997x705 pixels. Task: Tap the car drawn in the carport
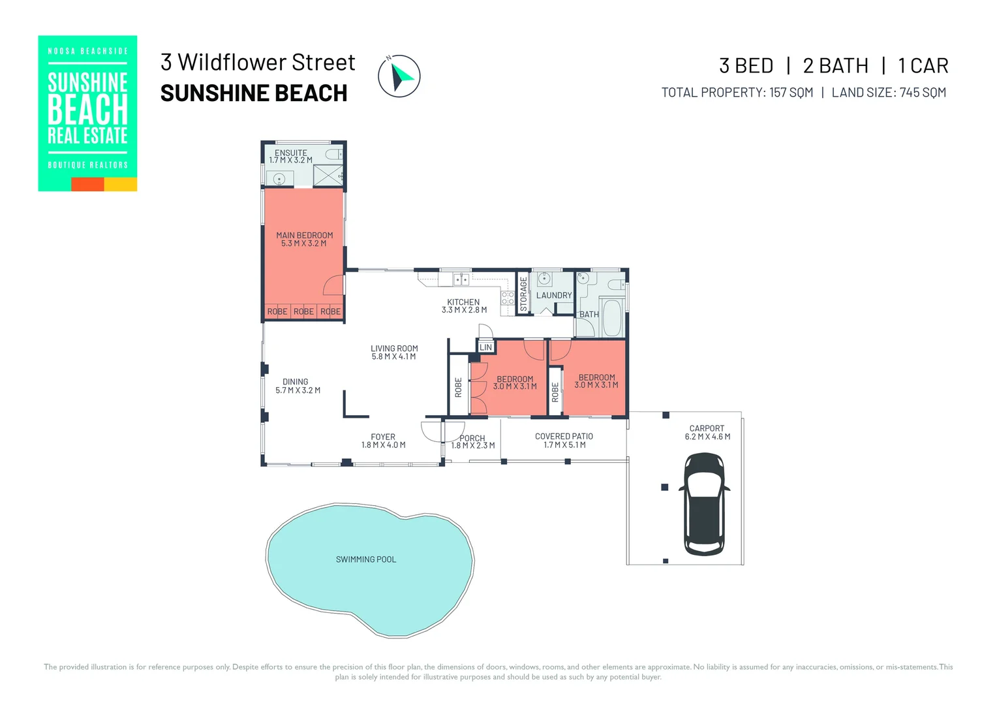(x=704, y=504)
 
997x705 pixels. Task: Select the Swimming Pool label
(x=366, y=559)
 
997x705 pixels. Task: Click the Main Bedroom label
(x=305, y=235)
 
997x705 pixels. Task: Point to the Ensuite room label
(x=290, y=153)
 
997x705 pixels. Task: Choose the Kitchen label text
(x=463, y=302)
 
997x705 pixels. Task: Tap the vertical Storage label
(x=523, y=294)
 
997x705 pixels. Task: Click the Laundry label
(x=554, y=295)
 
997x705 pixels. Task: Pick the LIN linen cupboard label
(x=486, y=347)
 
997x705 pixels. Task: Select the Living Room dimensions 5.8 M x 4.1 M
(x=394, y=356)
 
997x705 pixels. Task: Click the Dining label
(x=295, y=382)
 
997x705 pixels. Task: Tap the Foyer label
(x=383, y=437)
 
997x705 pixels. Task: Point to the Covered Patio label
(x=564, y=437)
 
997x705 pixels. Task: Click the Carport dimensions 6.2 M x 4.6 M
(x=707, y=437)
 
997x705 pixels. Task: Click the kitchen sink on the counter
(x=461, y=279)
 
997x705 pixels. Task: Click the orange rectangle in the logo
(x=87, y=184)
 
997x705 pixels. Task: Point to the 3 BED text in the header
(x=746, y=66)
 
